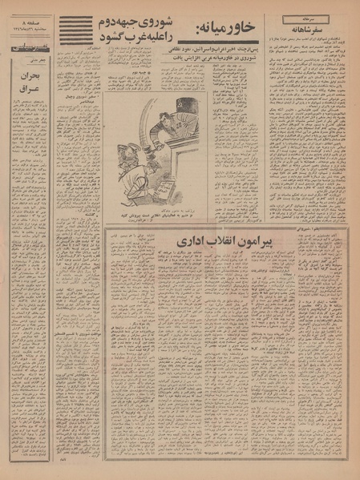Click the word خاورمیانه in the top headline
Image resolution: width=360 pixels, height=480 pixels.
(233, 31)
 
